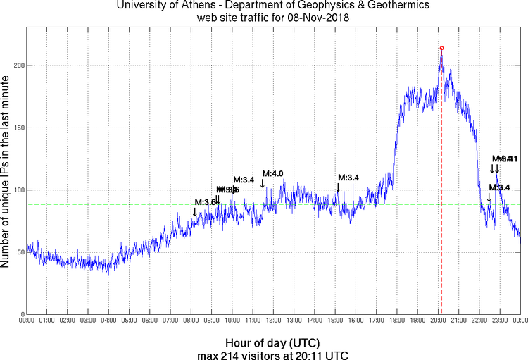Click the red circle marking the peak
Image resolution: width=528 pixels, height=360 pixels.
(441, 48)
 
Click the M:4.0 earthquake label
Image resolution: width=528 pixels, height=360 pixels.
(272, 173)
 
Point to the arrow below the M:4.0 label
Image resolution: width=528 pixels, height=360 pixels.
(263, 183)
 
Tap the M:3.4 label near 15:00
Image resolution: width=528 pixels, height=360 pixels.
(348, 178)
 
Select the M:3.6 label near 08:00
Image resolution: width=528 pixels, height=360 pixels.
(205, 202)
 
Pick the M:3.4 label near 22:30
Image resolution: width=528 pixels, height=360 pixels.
(499, 187)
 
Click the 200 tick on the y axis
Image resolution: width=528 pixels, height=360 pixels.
(17, 66)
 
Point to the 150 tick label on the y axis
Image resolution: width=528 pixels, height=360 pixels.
(17, 128)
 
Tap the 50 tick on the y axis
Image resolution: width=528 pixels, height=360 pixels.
(19, 252)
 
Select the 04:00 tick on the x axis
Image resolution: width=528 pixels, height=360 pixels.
(108, 321)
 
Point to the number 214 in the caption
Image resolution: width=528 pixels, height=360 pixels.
(241, 354)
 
